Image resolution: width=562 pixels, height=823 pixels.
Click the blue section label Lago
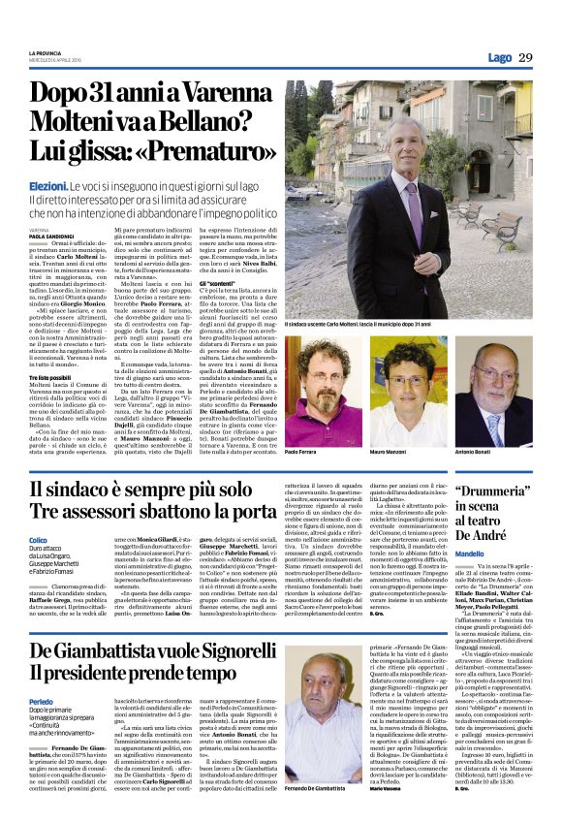(500, 58)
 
